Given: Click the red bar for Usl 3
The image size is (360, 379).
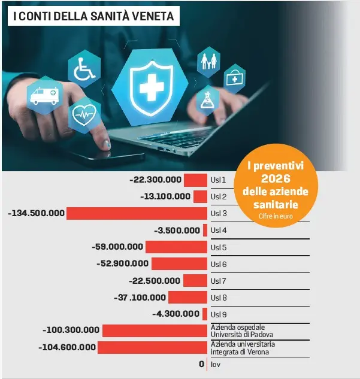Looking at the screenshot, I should coord(137,213).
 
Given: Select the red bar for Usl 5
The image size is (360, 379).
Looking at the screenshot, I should coord(176,247).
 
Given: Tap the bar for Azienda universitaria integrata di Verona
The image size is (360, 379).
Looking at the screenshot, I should coord(152,347).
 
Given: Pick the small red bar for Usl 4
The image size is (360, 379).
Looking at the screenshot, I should coord(205,230).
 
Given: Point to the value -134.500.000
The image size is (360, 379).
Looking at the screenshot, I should coord(36,213).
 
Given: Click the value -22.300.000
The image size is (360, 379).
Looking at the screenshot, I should coord(155,180).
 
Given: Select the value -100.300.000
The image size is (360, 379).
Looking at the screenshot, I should coord(71,330).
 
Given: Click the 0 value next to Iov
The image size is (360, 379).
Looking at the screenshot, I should coord(202,364).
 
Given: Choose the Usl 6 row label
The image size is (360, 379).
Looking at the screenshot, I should coord(218,264).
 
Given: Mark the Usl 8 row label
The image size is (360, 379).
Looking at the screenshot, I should coord(218,298).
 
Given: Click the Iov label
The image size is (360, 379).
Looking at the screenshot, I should coord(214,364).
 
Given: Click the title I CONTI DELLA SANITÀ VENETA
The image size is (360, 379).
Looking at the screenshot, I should coord(93,16).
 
